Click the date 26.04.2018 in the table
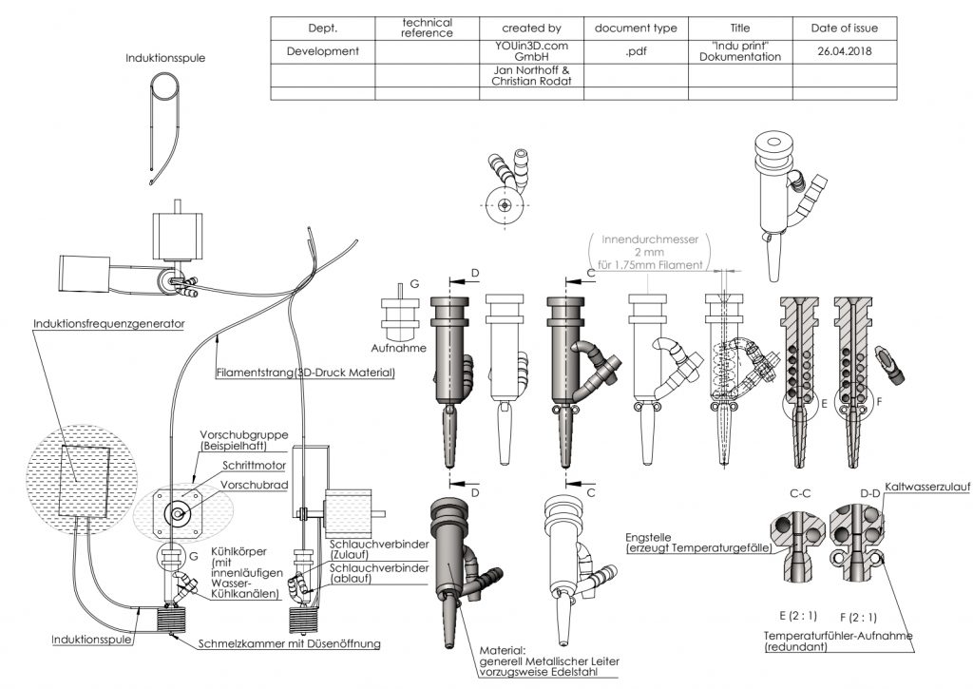pyautogui.click(x=844, y=51)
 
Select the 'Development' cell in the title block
pyautogui.click(x=323, y=51)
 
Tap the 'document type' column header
pyautogui.click(x=636, y=28)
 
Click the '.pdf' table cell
pyautogui.click(x=636, y=51)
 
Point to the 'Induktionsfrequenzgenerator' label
pyautogui.click(x=109, y=323)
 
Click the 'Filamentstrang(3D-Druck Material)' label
pyautogui.click(x=305, y=373)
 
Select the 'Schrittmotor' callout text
pyautogui.click(x=255, y=465)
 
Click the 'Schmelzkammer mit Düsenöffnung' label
pyautogui.click(x=289, y=643)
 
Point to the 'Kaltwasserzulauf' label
pyautogui.click(x=927, y=488)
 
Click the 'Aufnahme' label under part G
pyautogui.click(x=398, y=348)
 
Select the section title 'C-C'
pyautogui.click(x=800, y=493)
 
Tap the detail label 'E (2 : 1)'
pyautogui.click(x=798, y=616)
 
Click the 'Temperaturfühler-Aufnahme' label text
pyautogui.click(x=838, y=636)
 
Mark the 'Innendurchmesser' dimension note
pyautogui.click(x=650, y=239)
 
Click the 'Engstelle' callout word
pyautogui.click(x=648, y=538)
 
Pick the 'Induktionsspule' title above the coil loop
pyautogui.click(x=165, y=58)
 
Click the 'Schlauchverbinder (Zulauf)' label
pyautogui.click(x=379, y=549)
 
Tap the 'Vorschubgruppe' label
pyautogui.click(x=244, y=435)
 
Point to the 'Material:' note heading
pyautogui.click(x=503, y=651)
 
